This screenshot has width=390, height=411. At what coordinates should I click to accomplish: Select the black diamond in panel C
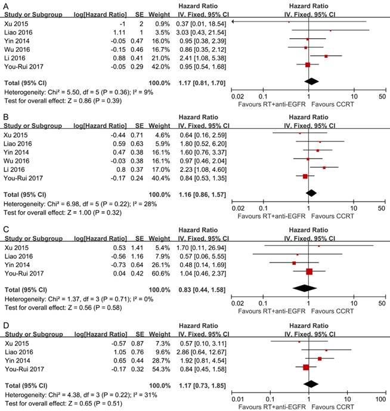coord(308,288)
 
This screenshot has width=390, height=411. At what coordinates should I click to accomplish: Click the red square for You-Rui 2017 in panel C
coord(309,271)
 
